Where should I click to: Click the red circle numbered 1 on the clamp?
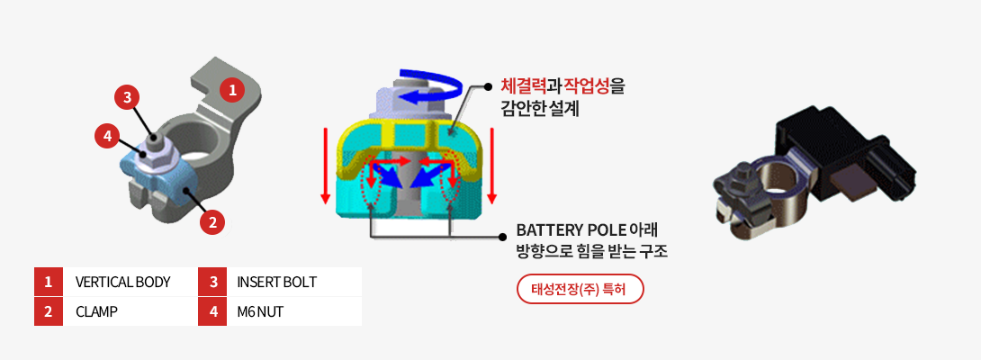coord(232,90)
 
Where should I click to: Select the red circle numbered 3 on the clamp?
coord(128,96)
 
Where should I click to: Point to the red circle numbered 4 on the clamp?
coord(107,137)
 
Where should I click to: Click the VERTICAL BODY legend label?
coord(123,282)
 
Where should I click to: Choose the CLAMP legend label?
coord(96,311)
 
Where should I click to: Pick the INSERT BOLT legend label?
coord(276,282)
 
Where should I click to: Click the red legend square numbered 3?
coord(213,282)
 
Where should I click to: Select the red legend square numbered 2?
coord(49,311)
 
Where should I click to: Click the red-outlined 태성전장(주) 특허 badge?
coord(580,289)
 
